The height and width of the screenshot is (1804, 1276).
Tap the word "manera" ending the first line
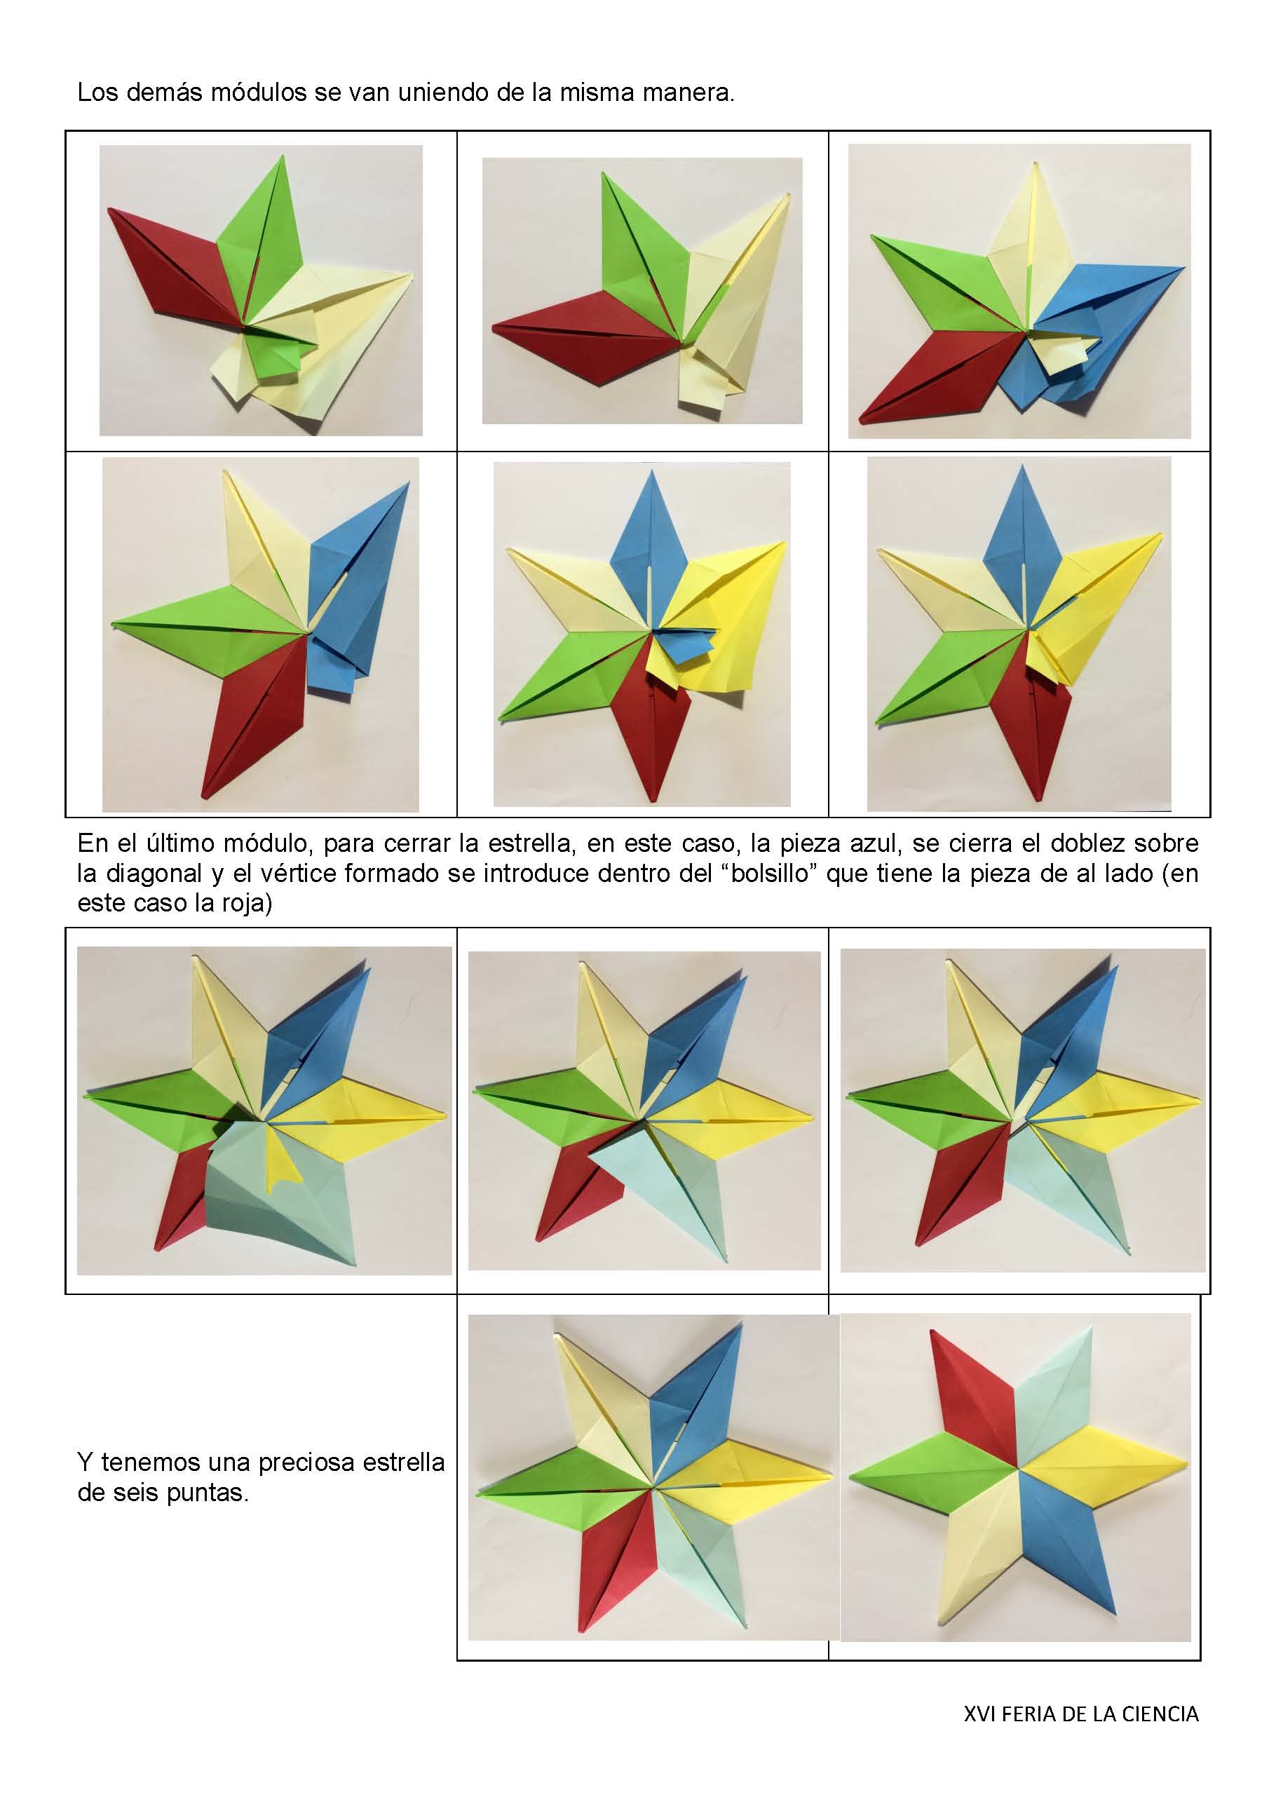686,93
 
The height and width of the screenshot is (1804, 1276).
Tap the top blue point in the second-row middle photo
650,534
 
